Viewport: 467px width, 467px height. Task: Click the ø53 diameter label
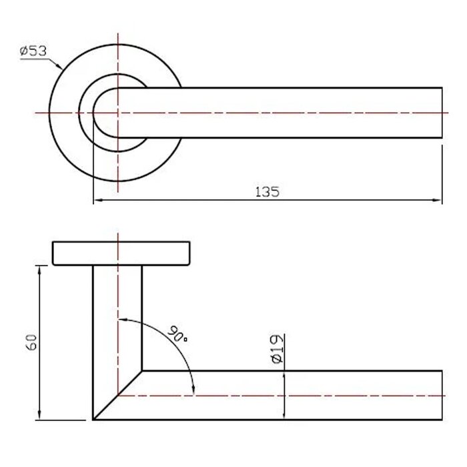tap(33, 51)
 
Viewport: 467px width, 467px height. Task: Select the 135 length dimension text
tap(268, 192)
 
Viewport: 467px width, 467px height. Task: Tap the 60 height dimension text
tap(31, 342)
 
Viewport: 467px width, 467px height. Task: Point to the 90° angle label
tap(178, 334)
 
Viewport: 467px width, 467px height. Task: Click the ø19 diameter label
tap(278, 349)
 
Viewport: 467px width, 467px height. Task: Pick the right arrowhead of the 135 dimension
tap(437, 200)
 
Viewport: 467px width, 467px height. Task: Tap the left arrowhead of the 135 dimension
tap(98, 200)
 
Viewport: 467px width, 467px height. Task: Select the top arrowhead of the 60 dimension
tap(39, 270)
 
